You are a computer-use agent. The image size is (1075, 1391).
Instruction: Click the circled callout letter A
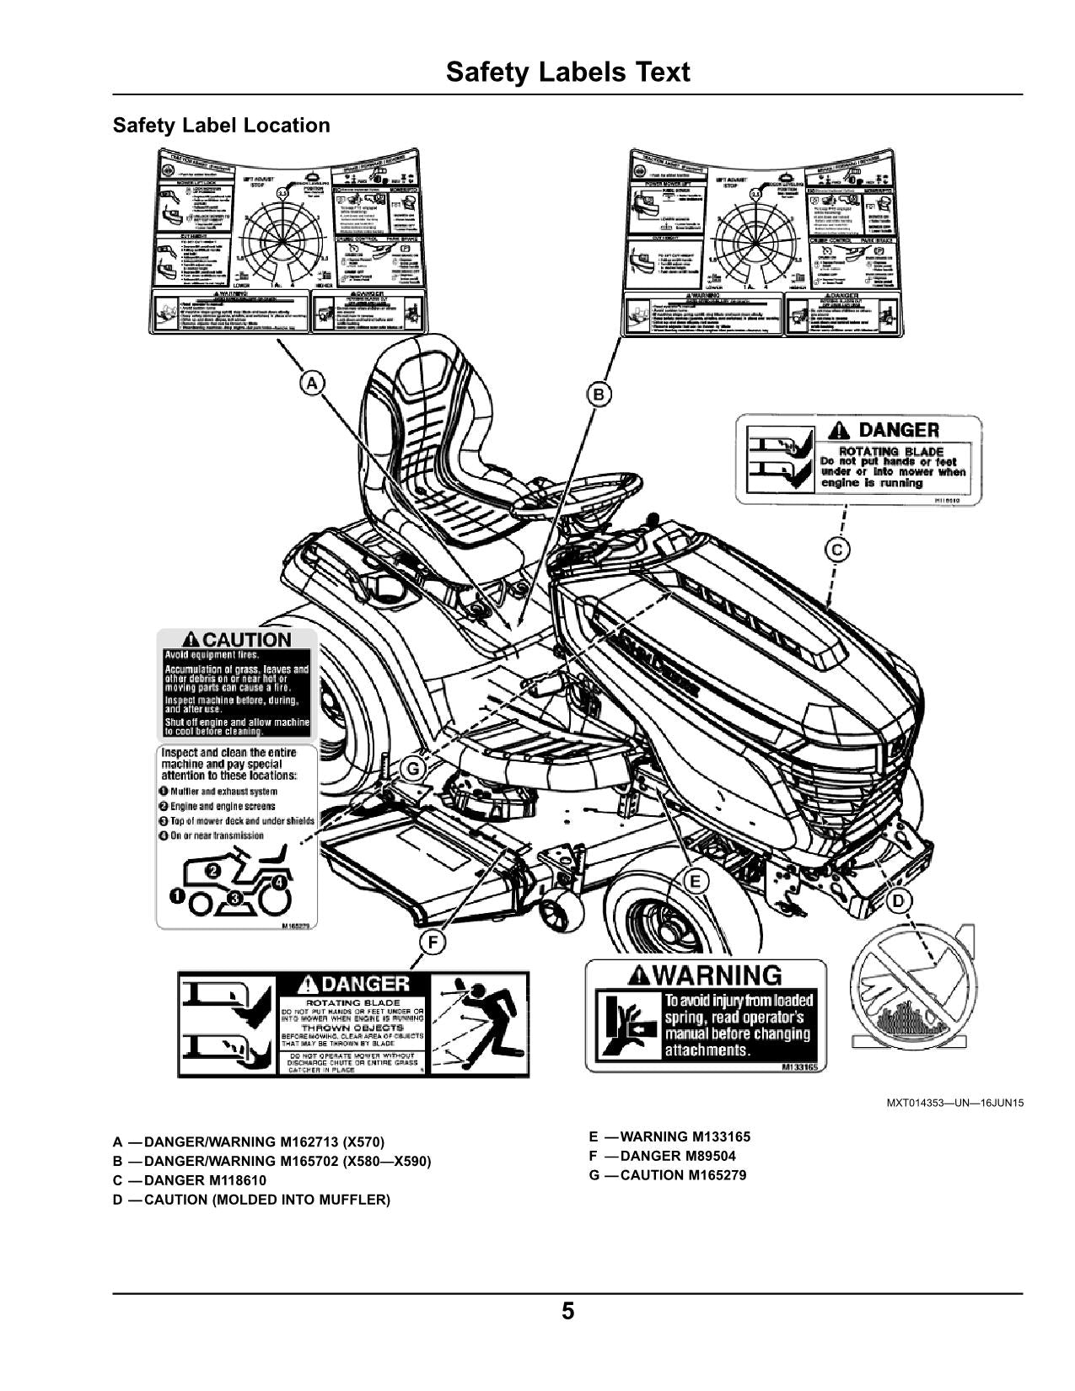[x=312, y=384]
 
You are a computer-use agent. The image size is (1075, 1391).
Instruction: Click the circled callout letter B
[x=598, y=394]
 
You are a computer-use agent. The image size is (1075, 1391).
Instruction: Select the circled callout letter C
[x=836, y=550]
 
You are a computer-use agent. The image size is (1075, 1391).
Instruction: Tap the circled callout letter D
[x=899, y=901]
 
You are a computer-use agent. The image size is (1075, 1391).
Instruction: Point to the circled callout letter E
[x=696, y=882]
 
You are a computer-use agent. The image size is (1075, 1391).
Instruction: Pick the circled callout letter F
[x=433, y=943]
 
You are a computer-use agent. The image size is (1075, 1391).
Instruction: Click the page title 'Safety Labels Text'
[x=567, y=72]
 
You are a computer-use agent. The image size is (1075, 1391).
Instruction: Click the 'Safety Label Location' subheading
[x=222, y=126]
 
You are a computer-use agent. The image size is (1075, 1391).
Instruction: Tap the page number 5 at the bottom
[x=568, y=1312]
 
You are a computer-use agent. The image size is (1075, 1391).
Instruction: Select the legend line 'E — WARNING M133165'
[x=669, y=1136]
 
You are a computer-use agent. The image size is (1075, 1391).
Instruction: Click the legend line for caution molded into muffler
[x=251, y=1199]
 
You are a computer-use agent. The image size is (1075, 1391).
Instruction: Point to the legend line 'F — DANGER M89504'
[x=662, y=1156]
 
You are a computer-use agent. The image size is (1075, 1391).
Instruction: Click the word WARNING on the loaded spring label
[x=717, y=975]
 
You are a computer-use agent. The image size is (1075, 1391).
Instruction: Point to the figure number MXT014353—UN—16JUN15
[x=955, y=1102]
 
